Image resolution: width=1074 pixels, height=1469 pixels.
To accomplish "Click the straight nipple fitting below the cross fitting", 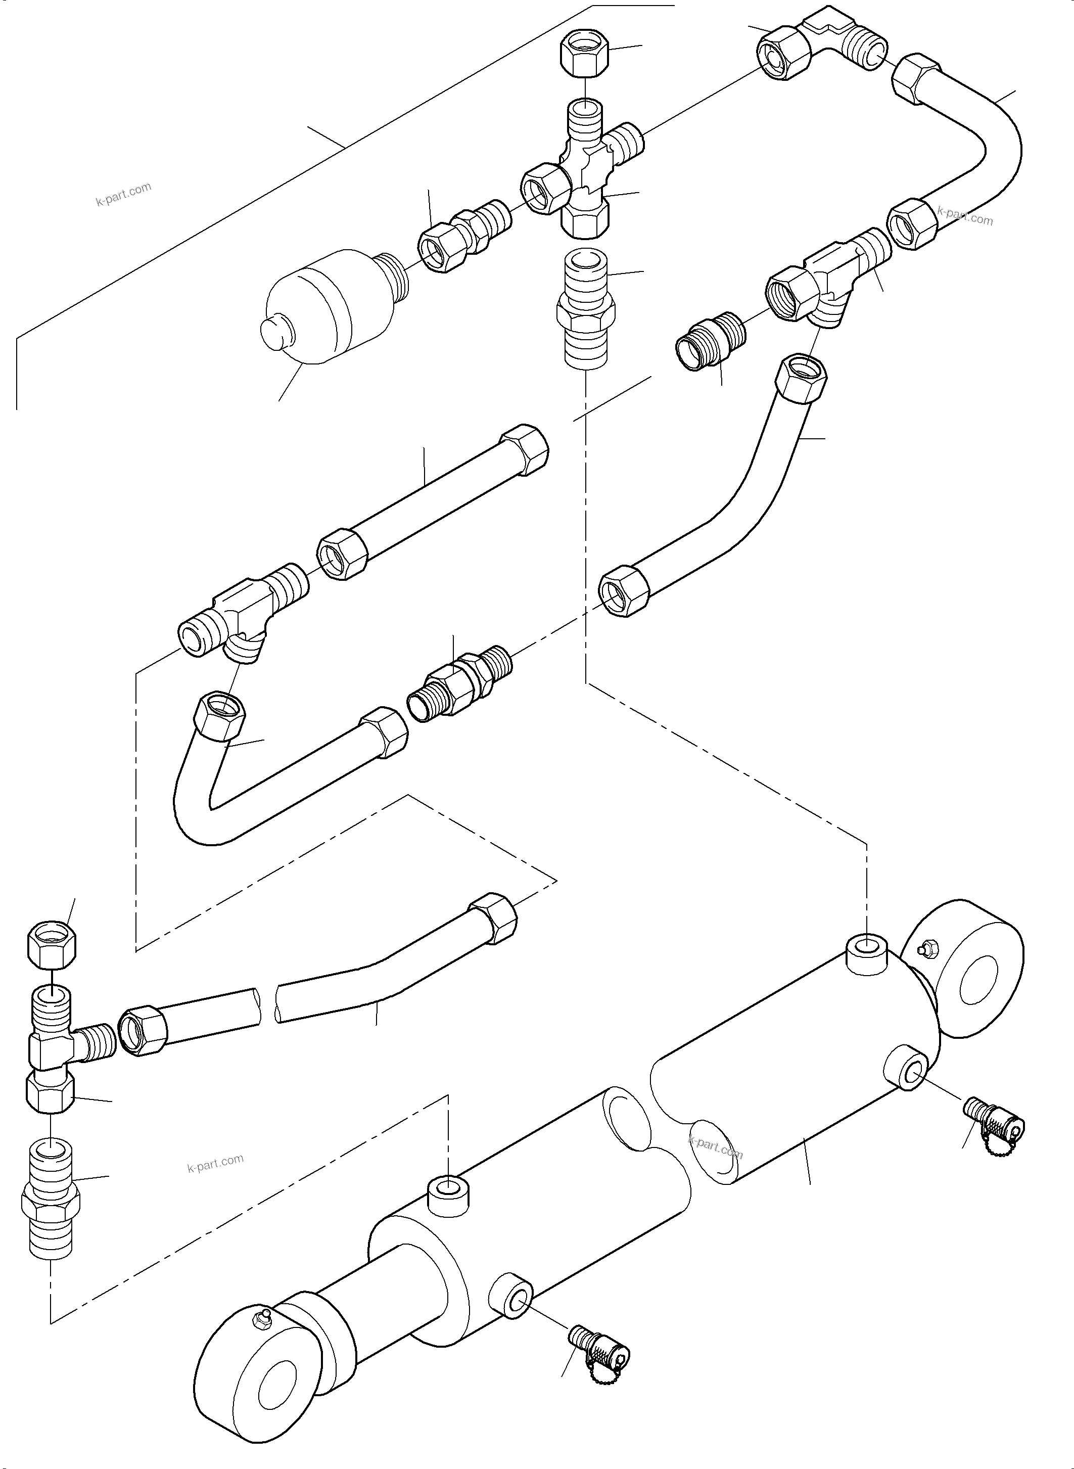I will (585, 311).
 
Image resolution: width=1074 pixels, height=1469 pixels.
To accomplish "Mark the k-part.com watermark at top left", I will (123, 193).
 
